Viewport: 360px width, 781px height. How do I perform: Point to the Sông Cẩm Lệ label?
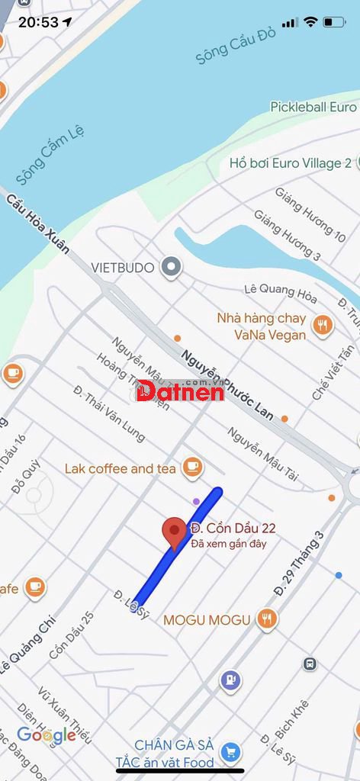[50, 154]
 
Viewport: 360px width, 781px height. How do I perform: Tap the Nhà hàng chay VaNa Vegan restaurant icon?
[323, 326]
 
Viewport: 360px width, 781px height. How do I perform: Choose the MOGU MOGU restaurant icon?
[266, 619]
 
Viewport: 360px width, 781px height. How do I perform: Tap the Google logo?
[47, 735]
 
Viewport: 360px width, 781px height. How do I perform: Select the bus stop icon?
[309, 664]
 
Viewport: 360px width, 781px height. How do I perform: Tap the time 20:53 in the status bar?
[38, 22]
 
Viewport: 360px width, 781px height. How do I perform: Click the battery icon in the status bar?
[333, 22]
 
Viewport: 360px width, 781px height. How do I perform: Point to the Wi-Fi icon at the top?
[310, 22]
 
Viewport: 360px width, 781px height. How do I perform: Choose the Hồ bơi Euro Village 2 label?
[290, 162]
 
